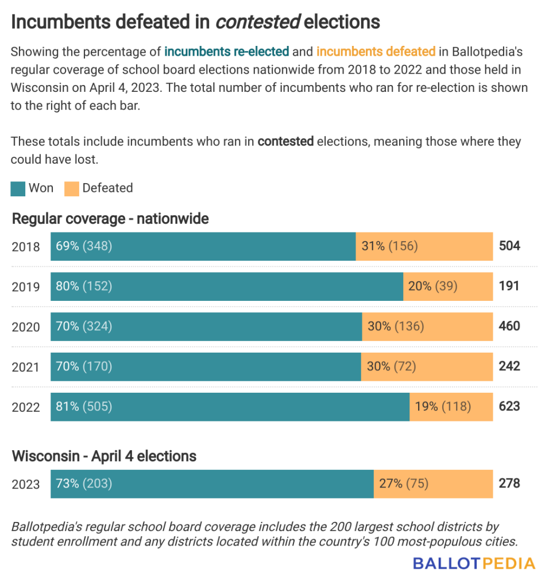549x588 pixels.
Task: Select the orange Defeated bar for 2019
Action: point(448,286)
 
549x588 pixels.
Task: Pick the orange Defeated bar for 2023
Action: point(434,483)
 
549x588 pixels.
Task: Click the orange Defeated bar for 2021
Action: point(427,366)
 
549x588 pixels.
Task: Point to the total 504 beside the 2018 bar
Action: point(509,246)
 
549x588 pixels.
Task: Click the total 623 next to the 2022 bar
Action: point(509,407)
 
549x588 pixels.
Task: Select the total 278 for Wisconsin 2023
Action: point(509,483)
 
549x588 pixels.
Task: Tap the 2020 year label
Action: point(26,327)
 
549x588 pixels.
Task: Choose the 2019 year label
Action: point(26,287)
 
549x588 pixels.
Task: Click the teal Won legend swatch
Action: point(18,188)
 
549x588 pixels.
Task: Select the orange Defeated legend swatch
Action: point(72,188)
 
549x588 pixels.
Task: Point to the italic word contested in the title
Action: point(258,22)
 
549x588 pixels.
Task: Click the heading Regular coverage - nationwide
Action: point(110,219)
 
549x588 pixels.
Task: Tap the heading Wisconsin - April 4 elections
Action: point(104,457)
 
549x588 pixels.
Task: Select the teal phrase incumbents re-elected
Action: point(226,52)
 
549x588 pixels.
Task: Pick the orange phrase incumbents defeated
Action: point(376,52)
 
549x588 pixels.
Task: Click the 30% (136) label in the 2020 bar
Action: point(396,326)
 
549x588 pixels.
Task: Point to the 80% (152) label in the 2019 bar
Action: point(84,286)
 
